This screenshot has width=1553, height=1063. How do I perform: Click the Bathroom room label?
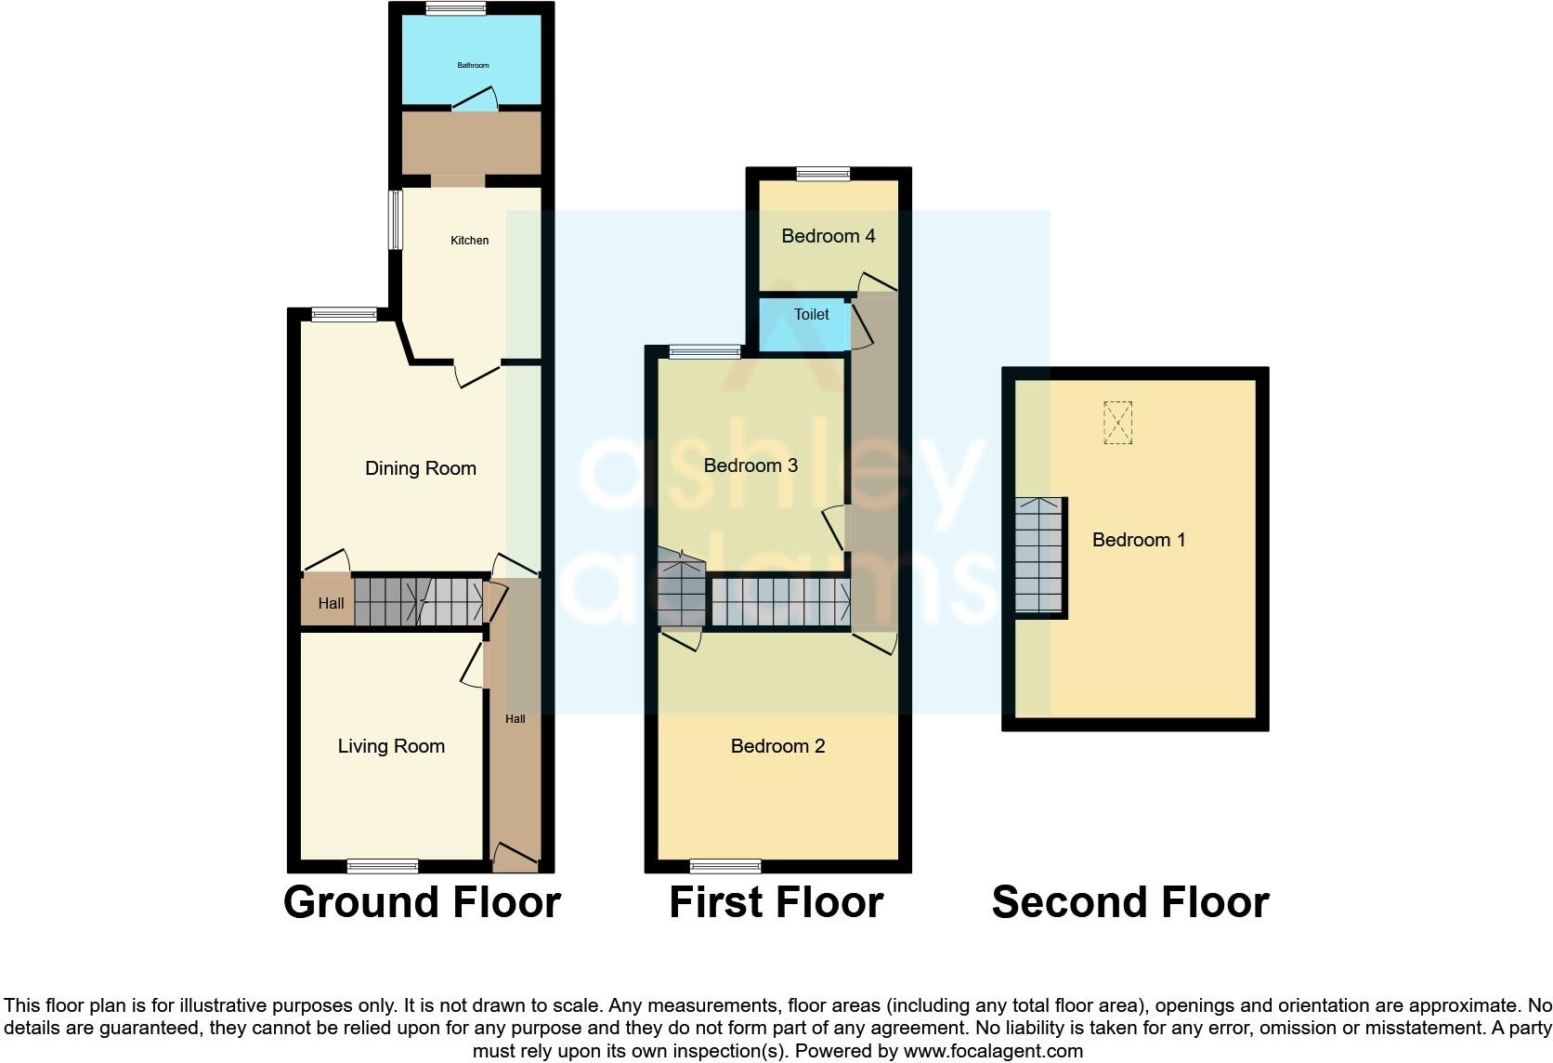(x=473, y=65)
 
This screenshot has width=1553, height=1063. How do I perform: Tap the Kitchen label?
(x=469, y=241)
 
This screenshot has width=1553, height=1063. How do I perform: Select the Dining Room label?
(x=420, y=468)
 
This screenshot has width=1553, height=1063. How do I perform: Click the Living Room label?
(x=391, y=746)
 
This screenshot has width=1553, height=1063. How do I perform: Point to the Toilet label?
(x=811, y=314)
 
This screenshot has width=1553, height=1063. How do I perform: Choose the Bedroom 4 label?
(x=828, y=236)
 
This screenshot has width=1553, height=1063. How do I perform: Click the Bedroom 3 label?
(x=750, y=466)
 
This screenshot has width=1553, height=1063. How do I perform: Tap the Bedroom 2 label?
(x=777, y=746)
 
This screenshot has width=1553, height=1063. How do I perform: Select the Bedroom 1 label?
(x=1138, y=540)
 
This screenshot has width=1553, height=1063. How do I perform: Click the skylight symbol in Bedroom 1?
(x=1118, y=423)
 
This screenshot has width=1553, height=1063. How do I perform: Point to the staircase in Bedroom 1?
(x=1038, y=556)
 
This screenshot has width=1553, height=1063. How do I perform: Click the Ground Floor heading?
(x=422, y=902)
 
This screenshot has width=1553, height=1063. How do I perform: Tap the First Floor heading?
(x=776, y=902)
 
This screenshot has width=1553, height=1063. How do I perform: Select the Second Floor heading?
(x=1129, y=902)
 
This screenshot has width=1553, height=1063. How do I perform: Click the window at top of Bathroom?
(x=456, y=8)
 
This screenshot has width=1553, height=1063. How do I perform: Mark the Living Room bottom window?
(x=383, y=866)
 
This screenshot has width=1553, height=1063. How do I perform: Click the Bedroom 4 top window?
(x=823, y=173)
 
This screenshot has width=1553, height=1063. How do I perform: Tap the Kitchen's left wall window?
(x=396, y=219)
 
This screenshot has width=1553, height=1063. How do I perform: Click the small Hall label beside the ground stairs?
(x=331, y=603)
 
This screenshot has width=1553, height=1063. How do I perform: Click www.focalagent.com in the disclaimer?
(x=993, y=1051)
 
